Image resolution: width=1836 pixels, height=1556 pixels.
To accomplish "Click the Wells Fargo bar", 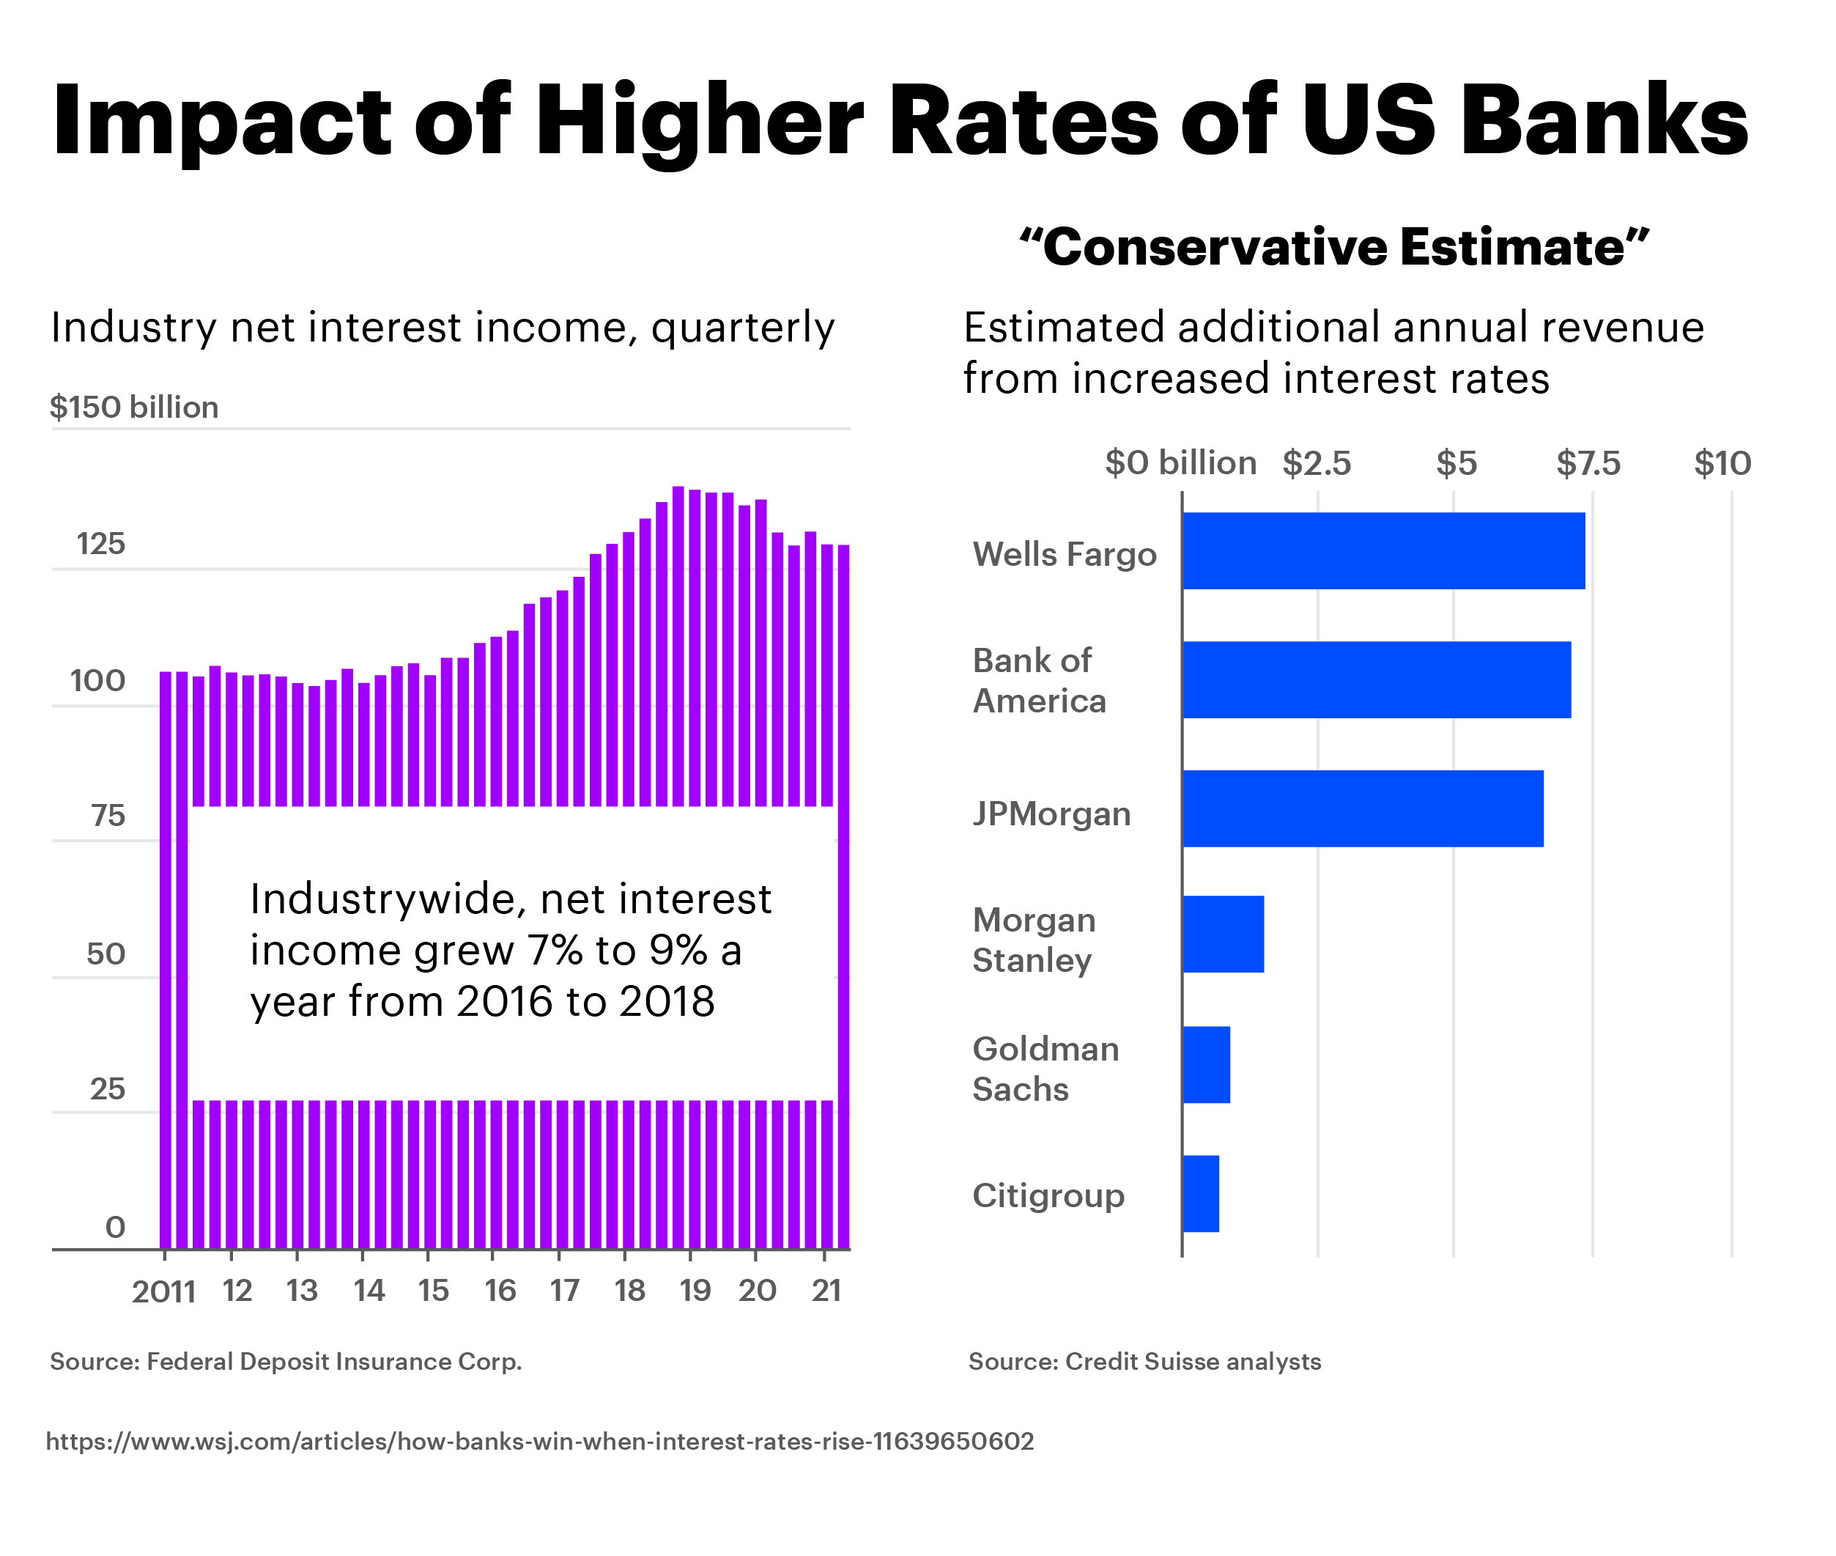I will (x=1382, y=550).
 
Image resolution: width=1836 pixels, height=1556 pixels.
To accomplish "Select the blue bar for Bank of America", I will (x=1376, y=679).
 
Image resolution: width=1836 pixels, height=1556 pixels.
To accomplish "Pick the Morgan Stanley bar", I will (x=1222, y=934).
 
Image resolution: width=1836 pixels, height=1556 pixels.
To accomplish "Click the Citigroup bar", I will (x=1200, y=1192).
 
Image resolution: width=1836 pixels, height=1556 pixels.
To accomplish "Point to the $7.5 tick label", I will (x=1588, y=463).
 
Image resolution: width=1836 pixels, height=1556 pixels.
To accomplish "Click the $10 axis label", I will (x=1722, y=463).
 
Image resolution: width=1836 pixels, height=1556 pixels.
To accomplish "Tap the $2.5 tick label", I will (x=1316, y=463).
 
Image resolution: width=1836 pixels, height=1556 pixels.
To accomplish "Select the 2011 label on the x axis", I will (x=163, y=1291).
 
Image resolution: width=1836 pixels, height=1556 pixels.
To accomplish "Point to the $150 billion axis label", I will (x=134, y=407).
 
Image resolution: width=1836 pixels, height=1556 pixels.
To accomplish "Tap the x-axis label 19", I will (x=694, y=1291).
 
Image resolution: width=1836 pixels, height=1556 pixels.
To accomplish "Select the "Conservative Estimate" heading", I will (x=1333, y=246).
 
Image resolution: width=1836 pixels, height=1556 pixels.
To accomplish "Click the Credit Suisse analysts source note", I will (x=1144, y=1361).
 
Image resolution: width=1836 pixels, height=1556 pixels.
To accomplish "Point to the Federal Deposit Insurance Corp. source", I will (x=286, y=1361).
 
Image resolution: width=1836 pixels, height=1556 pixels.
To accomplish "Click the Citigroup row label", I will (x=1048, y=1195).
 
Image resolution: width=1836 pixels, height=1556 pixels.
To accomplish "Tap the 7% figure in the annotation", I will (x=555, y=950).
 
